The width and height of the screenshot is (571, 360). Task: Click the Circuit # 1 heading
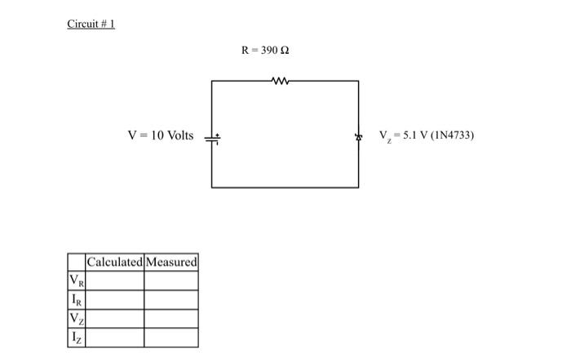pos(91,24)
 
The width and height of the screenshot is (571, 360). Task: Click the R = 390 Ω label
pos(265,51)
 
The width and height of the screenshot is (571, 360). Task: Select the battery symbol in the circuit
pos(212,136)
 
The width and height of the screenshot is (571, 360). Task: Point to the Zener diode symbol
pos(357,136)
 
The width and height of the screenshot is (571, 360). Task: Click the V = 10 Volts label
pos(161,136)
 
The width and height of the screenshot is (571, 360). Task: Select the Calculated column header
pos(114,262)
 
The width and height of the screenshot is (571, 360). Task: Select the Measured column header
pos(170,262)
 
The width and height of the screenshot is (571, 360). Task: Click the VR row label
pos(77,281)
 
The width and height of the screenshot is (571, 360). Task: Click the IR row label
pos(77,300)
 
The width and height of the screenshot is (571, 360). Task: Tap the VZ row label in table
pos(77,318)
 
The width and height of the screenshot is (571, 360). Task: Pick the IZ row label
pos(77,337)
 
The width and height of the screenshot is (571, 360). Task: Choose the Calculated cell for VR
pos(114,281)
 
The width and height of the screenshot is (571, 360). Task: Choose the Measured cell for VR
pos(170,281)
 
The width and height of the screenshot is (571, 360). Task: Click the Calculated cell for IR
pos(114,300)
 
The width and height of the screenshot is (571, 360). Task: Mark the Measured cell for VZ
pos(170,318)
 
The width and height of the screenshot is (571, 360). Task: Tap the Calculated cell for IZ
pos(114,337)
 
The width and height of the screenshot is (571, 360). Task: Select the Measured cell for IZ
pos(170,337)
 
